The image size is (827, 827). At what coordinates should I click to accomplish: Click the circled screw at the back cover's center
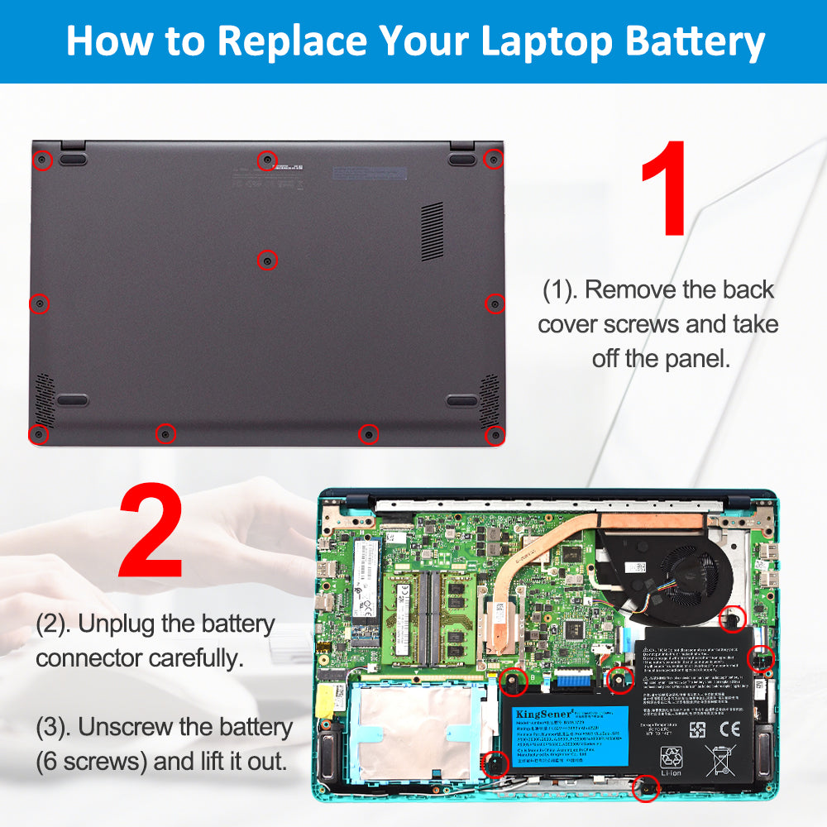coord(267,261)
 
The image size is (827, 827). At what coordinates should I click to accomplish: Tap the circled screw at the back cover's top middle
coord(266,160)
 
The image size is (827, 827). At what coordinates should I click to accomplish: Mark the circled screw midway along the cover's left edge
coord(40,304)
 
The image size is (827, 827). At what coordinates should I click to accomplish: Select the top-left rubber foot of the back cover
coord(73,157)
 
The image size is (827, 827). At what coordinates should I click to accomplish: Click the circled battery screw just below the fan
coord(733,617)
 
